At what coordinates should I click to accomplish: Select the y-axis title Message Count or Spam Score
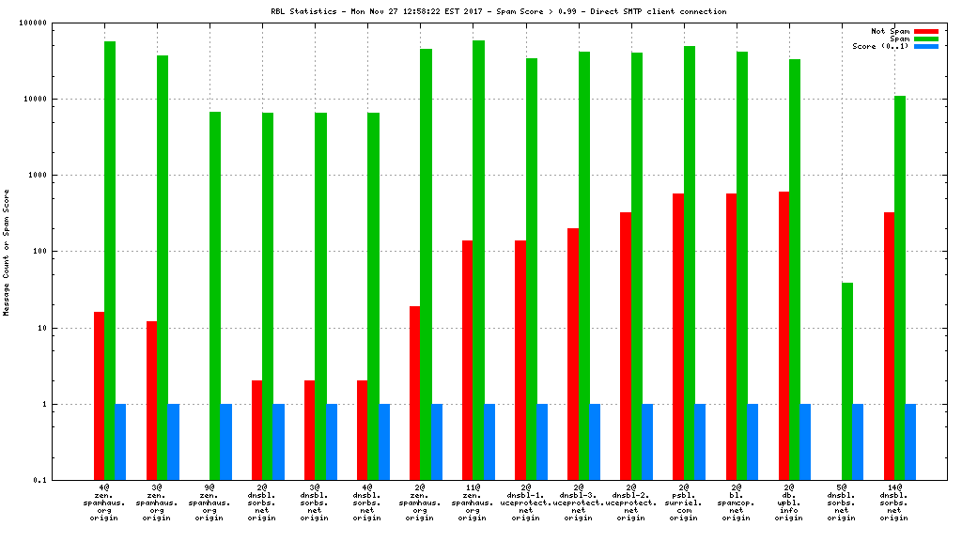click(7, 252)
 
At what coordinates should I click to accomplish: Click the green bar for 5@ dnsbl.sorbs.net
click(847, 381)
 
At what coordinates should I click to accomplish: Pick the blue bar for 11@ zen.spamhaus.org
click(489, 441)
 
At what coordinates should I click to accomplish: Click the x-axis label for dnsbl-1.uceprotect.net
click(526, 503)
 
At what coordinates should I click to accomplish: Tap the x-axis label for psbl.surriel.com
click(684, 503)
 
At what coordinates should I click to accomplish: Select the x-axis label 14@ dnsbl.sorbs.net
click(894, 503)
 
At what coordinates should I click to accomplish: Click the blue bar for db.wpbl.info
click(805, 441)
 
